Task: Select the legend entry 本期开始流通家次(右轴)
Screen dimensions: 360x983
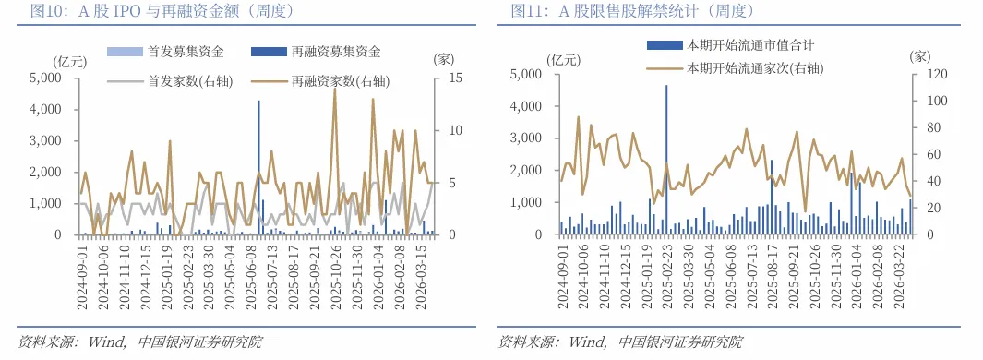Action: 753,68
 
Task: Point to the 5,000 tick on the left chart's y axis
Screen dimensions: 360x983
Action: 44,78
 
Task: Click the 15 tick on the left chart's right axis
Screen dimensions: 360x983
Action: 447,78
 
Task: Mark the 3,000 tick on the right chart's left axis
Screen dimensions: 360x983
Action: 530,138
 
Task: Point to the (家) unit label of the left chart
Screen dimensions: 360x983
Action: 445,59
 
